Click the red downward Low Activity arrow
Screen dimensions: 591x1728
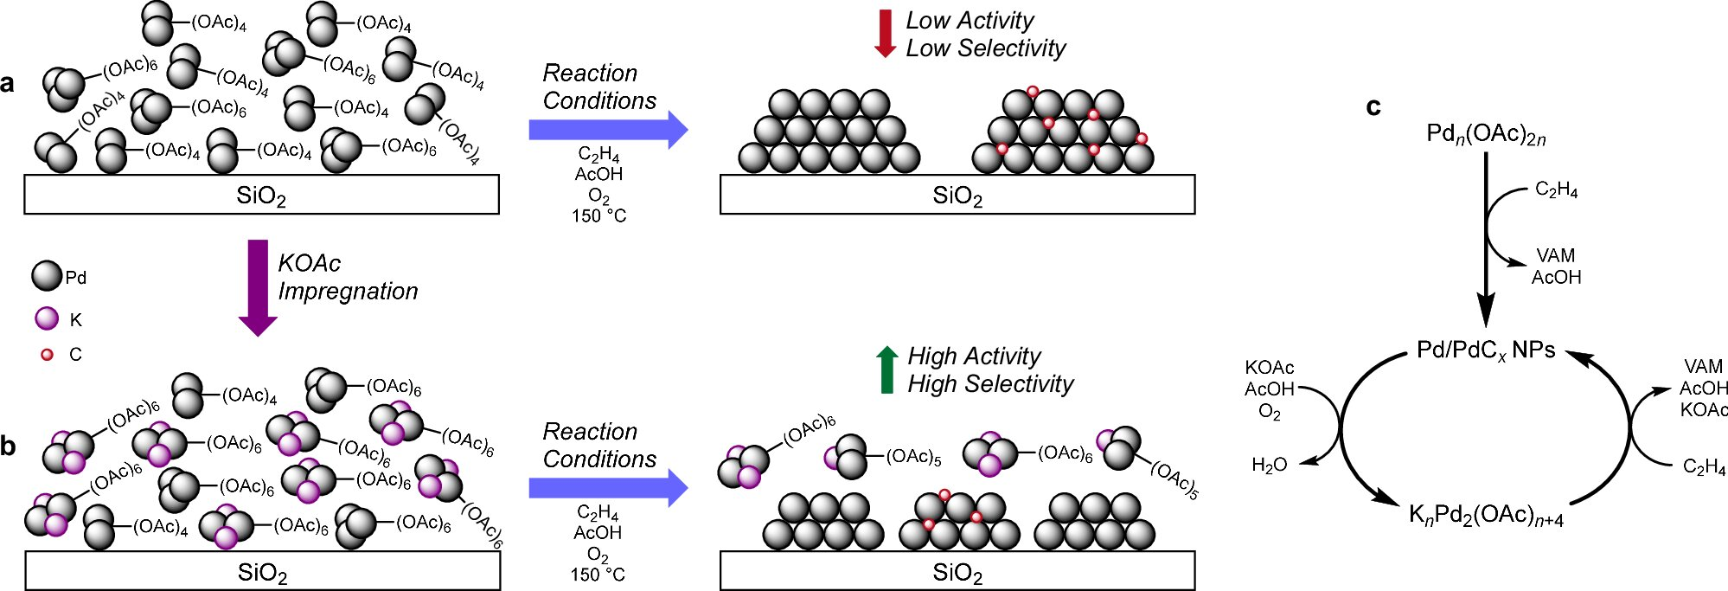885,33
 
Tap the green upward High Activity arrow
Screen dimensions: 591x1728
886,369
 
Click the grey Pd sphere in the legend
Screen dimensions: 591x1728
47,276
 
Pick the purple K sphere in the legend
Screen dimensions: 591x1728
47,318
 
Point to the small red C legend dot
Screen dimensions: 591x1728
48,354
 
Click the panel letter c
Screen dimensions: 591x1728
1373,107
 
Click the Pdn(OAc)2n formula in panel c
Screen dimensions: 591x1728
1485,135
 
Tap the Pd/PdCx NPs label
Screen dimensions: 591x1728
1485,350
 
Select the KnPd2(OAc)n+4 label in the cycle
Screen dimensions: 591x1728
1485,516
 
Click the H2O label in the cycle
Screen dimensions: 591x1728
1269,466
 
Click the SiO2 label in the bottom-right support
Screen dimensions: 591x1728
957,573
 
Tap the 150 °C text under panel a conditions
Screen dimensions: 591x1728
598,215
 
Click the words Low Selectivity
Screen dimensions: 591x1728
985,48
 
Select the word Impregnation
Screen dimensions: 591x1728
348,292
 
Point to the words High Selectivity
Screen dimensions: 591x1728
990,384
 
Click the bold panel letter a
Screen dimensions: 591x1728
8,84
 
